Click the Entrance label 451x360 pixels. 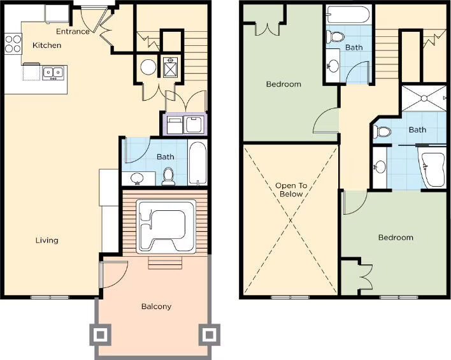tap(73, 31)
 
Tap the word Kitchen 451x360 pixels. tap(47, 45)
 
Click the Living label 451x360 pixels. tap(47, 240)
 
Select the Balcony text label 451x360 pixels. tap(156, 306)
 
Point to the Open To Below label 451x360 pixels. tap(291, 190)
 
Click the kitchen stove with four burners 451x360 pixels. tap(13, 44)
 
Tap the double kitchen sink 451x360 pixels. tap(54, 73)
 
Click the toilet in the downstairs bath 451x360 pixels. tap(168, 176)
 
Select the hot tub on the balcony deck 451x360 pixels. tap(166, 227)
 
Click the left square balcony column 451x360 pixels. tap(100, 335)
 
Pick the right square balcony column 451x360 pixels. tap(210, 335)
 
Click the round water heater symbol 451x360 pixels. tap(148, 67)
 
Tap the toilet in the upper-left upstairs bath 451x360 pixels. tap(335, 37)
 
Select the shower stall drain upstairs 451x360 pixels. tap(424, 98)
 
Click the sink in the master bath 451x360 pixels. tap(380, 166)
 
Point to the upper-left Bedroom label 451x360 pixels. tap(283, 84)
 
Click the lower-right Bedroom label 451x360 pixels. tap(396, 238)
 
